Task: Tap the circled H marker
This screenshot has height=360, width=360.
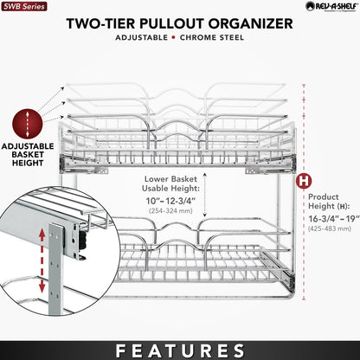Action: pos(304,183)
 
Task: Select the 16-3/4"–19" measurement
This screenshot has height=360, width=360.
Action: pos(331,221)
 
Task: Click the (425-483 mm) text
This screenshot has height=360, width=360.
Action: pos(331,233)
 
